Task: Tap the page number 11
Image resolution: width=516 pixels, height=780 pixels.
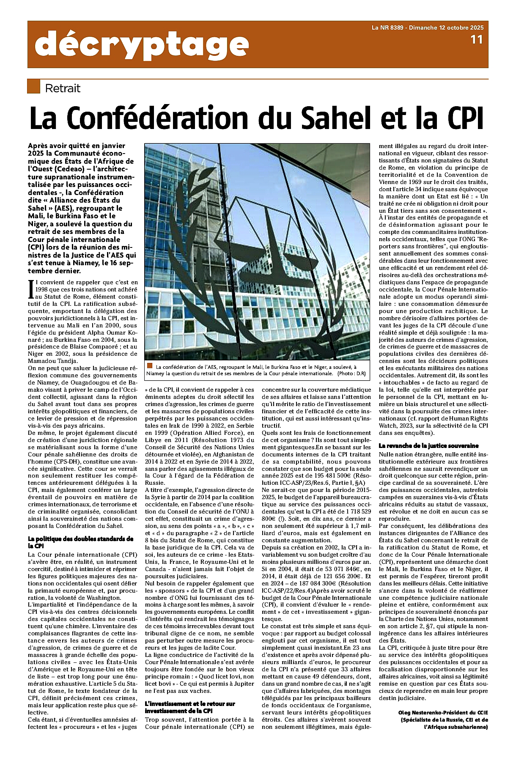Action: tap(476, 40)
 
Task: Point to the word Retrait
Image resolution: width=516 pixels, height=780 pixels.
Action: tap(62, 88)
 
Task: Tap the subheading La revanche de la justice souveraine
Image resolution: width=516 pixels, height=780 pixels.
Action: tap(428, 446)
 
